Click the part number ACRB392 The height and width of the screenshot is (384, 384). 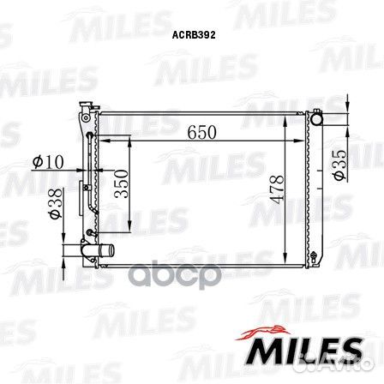[194, 35]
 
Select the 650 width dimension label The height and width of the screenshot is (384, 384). [201, 132]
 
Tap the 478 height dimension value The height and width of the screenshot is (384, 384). [278, 189]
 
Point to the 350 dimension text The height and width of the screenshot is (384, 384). [121, 183]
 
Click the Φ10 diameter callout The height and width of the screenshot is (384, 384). [48, 162]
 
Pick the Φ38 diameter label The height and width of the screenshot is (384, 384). [56, 203]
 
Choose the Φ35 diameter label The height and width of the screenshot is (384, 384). [339, 165]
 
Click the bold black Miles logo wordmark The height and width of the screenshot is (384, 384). [303, 351]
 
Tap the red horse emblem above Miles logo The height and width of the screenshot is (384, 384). [262, 332]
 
